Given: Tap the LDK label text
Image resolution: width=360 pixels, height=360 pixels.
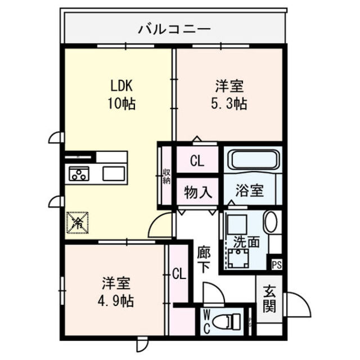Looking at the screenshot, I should coord(121,87).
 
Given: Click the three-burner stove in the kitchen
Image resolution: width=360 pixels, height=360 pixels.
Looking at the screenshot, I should coord(79,174).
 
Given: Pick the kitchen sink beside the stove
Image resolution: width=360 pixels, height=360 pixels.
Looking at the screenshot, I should coord(114,174).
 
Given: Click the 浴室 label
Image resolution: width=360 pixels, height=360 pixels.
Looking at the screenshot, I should coord(249,190).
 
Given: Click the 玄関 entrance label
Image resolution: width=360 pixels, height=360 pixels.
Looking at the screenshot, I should coord(269,299).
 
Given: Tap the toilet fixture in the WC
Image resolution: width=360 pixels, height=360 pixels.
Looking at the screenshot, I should coord(231,322).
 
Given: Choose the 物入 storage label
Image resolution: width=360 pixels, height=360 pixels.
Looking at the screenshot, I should coord(198,192).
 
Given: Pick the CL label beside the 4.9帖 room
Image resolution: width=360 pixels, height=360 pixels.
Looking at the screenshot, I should coord(179,274).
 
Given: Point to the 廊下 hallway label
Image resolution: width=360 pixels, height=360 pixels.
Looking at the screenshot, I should coord(204,259).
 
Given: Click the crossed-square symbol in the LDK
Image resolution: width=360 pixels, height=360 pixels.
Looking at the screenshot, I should coord(78,222).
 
